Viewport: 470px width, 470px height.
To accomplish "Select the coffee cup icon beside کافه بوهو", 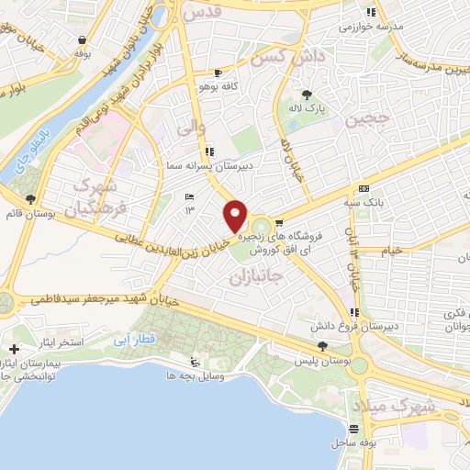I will tap(218, 73).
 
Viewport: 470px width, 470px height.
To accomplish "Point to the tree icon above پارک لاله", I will tap(307, 95).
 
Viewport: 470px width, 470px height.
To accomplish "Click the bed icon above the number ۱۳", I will tap(190, 197).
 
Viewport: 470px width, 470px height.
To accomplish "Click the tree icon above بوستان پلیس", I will tap(321, 345).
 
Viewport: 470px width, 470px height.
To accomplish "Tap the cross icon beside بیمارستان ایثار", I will tap(15, 350).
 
